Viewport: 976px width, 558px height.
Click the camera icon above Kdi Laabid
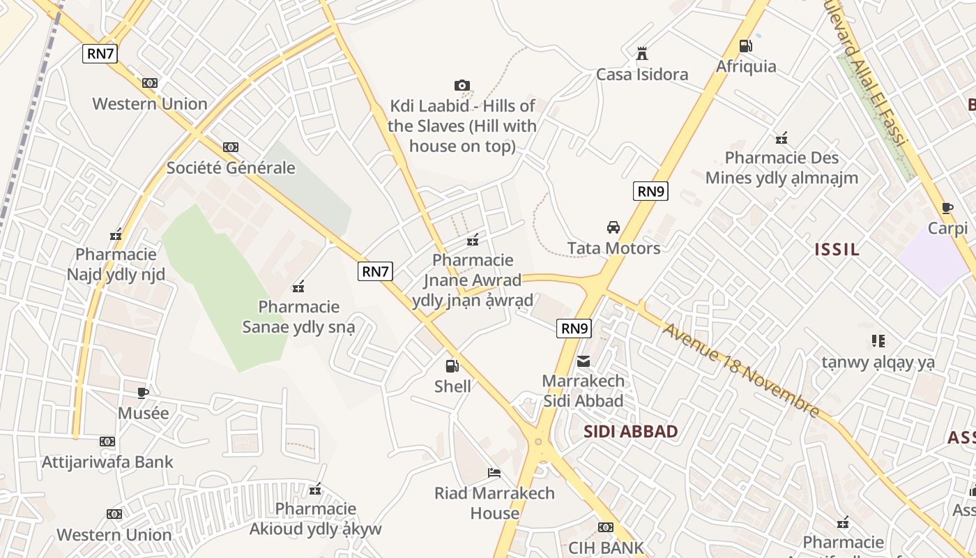point(462,85)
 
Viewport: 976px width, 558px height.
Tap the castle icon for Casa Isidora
point(642,53)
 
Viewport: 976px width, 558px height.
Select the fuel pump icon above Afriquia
point(745,46)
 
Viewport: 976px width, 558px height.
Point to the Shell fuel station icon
point(452,365)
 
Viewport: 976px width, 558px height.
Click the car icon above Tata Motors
point(613,227)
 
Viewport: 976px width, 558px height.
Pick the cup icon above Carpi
point(947,208)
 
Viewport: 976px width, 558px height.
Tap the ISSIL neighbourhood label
point(837,250)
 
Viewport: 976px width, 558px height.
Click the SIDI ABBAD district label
point(630,431)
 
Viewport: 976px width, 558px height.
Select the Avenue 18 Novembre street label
point(740,369)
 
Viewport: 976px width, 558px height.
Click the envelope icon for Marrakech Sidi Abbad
point(583,361)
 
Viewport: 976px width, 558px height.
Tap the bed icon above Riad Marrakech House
point(494,473)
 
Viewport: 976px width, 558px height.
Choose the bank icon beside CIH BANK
point(605,527)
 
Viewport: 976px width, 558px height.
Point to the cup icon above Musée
point(143,393)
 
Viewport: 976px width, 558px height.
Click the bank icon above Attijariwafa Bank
point(107,442)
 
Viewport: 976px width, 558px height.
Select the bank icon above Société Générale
point(231,147)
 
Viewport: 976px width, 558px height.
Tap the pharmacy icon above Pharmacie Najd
point(116,234)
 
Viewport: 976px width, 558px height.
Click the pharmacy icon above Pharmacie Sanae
point(299,286)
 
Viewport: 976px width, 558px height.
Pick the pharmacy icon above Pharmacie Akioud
point(315,489)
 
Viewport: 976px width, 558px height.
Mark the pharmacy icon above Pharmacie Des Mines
point(781,137)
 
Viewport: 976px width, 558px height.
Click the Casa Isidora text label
point(642,75)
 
